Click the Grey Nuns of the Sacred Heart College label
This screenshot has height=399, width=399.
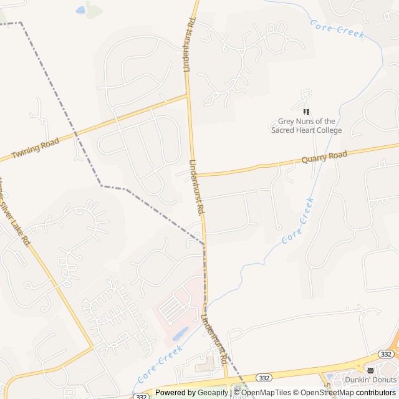306,126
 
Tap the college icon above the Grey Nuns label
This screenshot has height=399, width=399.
306,112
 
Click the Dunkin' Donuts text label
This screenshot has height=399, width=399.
370,380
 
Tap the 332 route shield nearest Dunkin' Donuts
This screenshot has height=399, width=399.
387,354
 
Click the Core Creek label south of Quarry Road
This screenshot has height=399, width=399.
297,220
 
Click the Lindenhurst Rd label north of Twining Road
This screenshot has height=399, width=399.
190,45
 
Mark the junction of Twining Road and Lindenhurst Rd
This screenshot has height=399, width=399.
188,95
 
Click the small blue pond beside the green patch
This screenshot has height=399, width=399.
80,10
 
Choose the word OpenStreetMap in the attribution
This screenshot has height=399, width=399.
329,393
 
